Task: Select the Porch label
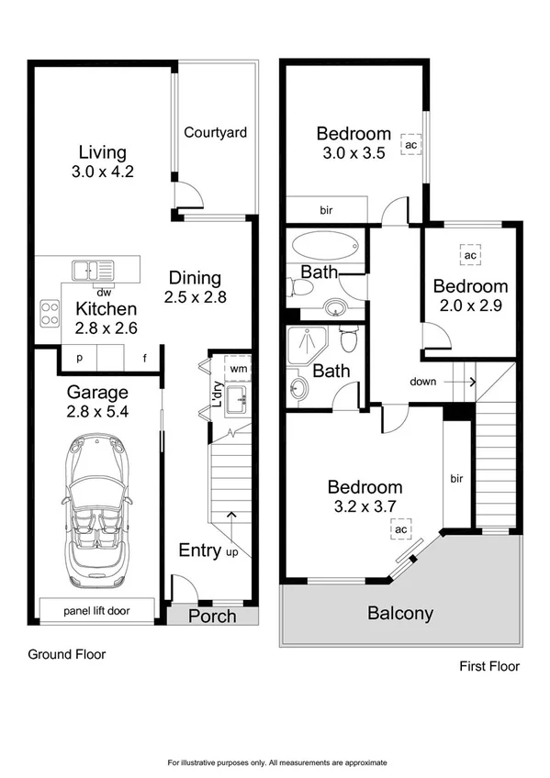(212, 616)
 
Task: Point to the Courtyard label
(216, 133)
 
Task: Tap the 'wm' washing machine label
(238, 368)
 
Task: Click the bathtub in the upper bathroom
(326, 246)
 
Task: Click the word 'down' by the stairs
(422, 381)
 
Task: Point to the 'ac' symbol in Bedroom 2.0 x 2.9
(469, 254)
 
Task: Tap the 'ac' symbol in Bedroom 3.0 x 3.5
(410, 145)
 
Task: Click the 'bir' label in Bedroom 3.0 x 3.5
(326, 211)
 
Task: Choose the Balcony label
(399, 614)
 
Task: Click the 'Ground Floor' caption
(66, 654)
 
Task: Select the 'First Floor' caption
(488, 667)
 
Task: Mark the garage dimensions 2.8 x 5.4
(97, 412)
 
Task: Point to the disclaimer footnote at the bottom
(276, 762)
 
